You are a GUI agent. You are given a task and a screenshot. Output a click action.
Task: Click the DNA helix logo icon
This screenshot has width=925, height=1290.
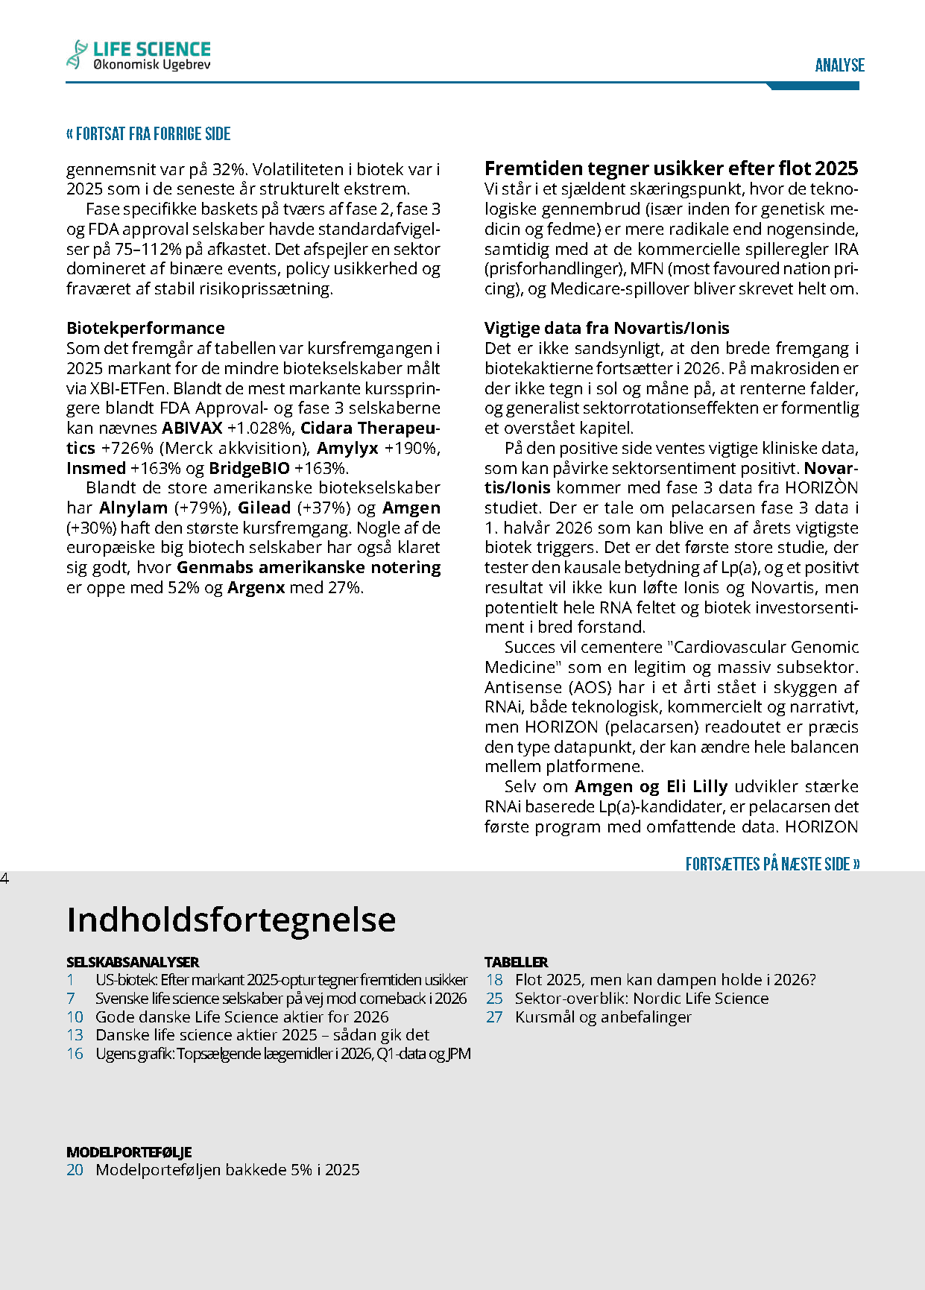point(76,54)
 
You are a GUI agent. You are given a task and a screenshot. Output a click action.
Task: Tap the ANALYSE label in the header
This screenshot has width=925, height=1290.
point(839,66)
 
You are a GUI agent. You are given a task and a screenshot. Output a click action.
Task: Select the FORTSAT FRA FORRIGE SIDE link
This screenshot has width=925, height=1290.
point(148,134)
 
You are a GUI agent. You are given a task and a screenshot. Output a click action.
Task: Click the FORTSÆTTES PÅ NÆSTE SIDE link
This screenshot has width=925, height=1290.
point(772,864)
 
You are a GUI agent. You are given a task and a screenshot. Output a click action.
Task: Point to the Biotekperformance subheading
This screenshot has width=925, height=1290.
point(145,328)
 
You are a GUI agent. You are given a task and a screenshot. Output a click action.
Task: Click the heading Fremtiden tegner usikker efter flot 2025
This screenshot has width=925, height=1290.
point(671,168)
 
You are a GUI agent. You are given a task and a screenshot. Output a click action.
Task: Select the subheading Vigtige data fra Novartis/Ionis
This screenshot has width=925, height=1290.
point(607,328)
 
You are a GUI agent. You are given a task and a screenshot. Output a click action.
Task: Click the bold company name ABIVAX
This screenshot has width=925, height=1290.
point(192,429)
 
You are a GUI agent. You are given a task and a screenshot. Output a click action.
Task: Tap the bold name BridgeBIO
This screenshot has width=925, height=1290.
point(249,468)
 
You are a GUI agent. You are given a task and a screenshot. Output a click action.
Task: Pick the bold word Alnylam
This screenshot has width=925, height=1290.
point(133,508)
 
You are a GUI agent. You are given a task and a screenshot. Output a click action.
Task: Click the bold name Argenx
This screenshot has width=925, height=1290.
point(256,588)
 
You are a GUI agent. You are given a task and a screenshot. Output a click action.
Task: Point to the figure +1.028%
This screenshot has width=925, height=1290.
point(261,429)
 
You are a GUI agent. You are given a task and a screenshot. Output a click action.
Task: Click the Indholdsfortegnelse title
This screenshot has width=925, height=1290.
point(231,920)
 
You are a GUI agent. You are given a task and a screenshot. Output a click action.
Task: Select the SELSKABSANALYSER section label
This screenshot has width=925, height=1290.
point(133,962)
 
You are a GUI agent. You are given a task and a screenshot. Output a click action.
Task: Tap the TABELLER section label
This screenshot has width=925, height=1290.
point(516,962)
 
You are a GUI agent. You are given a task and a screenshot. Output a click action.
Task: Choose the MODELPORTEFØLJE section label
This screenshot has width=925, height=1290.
point(129,1152)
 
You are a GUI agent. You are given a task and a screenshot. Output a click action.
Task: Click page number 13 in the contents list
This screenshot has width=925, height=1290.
point(75,1035)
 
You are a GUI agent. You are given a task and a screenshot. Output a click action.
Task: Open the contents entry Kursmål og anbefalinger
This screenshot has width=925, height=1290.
point(603,1017)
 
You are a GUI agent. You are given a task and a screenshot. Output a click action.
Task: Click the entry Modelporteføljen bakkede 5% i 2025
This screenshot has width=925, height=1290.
point(227,1170)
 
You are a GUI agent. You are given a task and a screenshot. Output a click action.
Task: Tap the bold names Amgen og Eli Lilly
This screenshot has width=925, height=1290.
point(651,787)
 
